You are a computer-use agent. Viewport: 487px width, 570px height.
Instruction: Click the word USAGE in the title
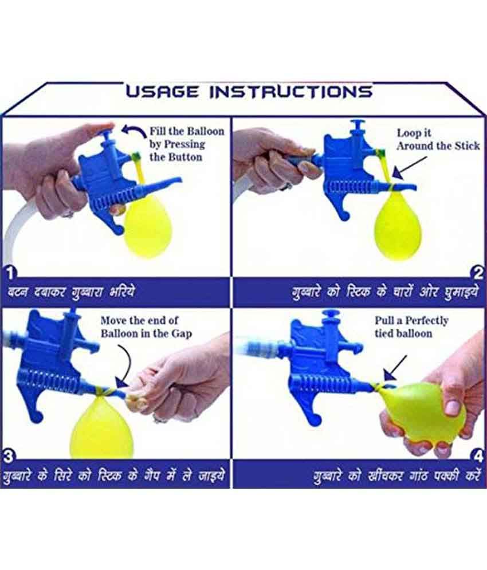coord(163,91)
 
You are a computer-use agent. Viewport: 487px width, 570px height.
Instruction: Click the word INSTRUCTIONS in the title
coord(290,91)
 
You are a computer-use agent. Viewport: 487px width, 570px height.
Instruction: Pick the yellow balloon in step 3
coord(101,427)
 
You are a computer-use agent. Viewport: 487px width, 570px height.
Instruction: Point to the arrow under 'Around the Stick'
coord(409,171)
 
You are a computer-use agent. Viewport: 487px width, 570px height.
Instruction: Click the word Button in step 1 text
coord(185,157)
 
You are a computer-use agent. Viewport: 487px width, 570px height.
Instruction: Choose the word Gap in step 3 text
coord(179,333)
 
